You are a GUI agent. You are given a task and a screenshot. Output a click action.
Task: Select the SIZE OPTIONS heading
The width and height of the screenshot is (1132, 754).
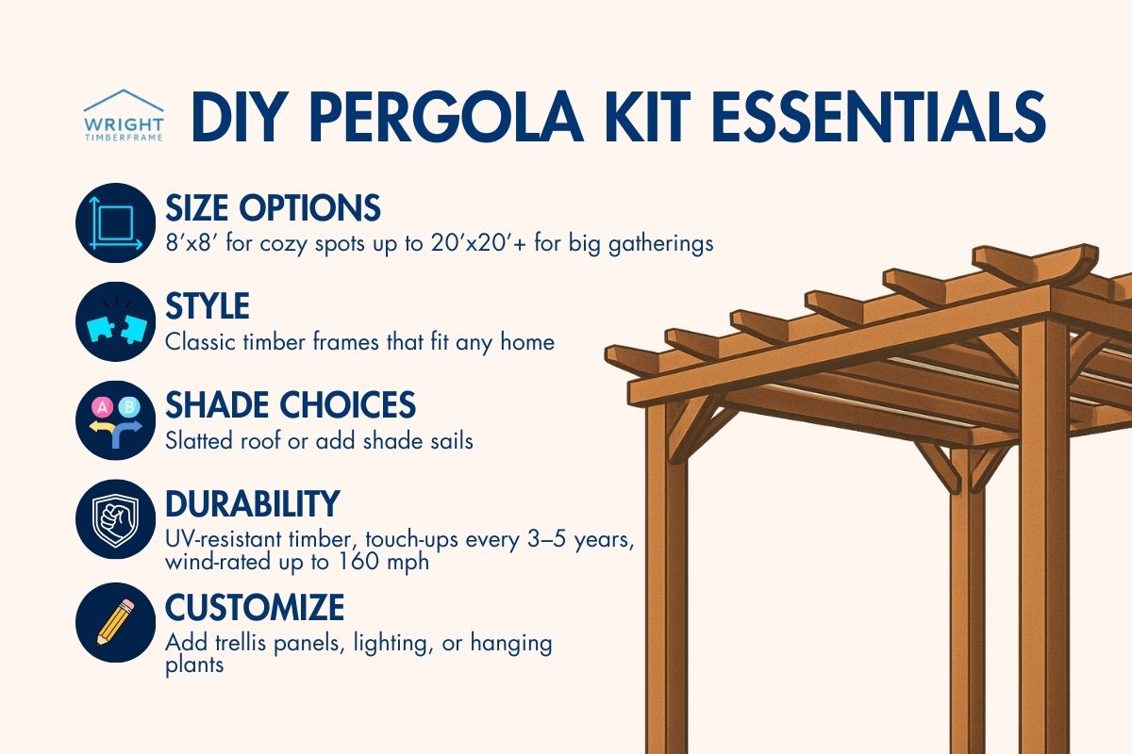[273, 207]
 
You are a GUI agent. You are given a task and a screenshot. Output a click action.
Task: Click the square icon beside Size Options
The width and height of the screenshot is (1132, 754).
[114, 222]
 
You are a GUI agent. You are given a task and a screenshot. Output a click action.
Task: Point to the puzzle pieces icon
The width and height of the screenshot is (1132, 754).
[114, 321]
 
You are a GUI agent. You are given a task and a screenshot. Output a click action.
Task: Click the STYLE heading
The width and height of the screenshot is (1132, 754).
[208, 306]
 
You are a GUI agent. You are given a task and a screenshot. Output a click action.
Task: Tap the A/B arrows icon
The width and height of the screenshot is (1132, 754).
[114, 419]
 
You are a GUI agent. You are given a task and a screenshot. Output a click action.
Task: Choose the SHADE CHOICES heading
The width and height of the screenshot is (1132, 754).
[291, 405]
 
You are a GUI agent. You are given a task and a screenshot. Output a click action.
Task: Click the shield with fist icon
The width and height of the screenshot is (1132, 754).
[114, 519]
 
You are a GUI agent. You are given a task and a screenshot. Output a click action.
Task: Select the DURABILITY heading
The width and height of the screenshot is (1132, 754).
[252, 504]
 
